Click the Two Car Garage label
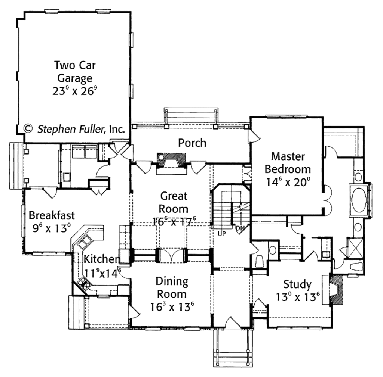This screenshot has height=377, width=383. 75,72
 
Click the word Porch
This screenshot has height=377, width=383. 192,143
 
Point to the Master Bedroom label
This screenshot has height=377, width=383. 288,162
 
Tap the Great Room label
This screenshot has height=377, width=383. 174,202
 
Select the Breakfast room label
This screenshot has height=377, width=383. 52,215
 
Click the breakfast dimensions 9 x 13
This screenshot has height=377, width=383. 52,228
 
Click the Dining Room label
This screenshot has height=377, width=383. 172,287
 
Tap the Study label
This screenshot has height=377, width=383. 297,284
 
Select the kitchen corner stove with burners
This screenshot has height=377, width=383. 84,284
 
